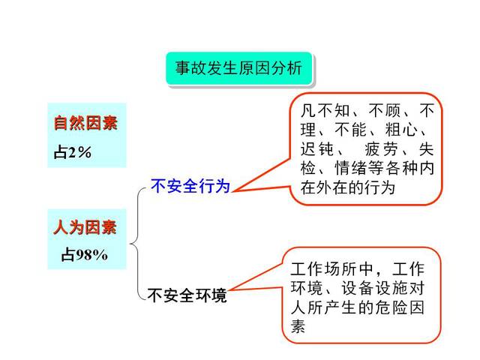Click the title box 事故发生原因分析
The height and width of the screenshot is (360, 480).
pyautogui.click(x=238, y=68)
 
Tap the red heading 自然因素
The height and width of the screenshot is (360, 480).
pyautogui.click(x=85, y=123)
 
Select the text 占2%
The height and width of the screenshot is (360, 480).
pyautogui.click(x=73, y=152)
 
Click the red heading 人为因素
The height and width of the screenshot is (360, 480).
pyautogui.click(x=85, y=227)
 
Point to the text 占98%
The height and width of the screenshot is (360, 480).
pyautogui.click(x=84, y=254)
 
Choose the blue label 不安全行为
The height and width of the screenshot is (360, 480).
pyautogui.click(x=190, y=186)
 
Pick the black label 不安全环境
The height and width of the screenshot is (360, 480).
pyautogui.click(x=187, y=295)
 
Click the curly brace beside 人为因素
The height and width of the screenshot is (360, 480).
pyautogui.click(x=136, y=244)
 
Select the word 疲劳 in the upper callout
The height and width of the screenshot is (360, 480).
pyautogui.click(x=382, y=149)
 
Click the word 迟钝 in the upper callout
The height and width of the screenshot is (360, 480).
pyautogui.click(x=316, y=149)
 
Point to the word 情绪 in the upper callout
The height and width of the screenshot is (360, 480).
pyautogui.click(x=350, y=168)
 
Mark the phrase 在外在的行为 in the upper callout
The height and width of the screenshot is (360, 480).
pyautogui.click(x=348, y=187)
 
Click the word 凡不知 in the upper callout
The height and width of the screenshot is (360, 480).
pyautogui.click(x=325, y=110)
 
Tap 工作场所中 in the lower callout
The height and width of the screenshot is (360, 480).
pyautogui.click(x=331, y=269)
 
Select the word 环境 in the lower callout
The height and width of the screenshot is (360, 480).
pyautogui.click(x=307, y=288)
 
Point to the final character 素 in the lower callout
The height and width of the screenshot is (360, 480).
pyautogui.click(x=298, y=326)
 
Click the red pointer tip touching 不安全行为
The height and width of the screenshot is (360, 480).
pyautogui.click(x=232, y=192)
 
